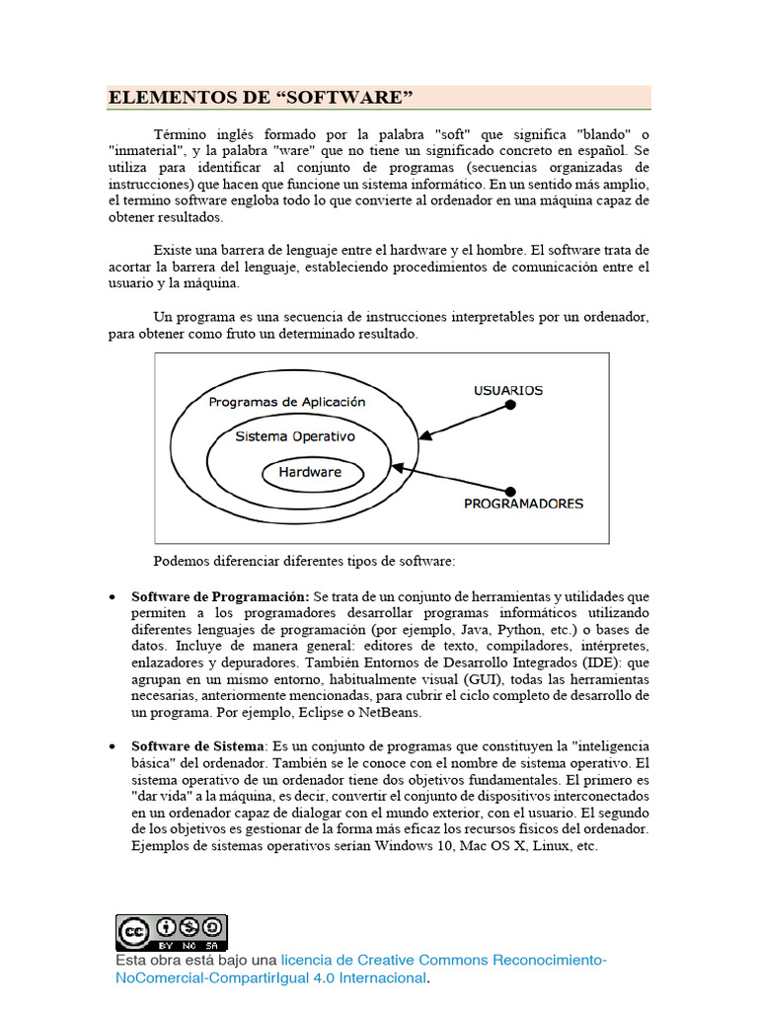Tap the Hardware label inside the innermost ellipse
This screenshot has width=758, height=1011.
310,472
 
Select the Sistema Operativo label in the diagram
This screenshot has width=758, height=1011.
295,435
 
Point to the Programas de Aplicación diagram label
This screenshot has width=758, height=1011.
287,402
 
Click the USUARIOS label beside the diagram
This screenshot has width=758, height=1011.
508,390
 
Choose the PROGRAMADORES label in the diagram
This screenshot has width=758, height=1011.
523,504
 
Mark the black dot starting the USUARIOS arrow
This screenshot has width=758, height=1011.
509,407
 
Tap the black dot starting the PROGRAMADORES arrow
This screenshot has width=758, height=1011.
510,491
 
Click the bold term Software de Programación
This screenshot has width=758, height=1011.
220,597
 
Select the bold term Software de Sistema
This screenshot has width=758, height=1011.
197,745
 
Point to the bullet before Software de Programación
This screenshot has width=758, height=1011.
114,598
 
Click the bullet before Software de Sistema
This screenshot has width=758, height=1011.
114,746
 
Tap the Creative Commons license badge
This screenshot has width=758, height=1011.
172,932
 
